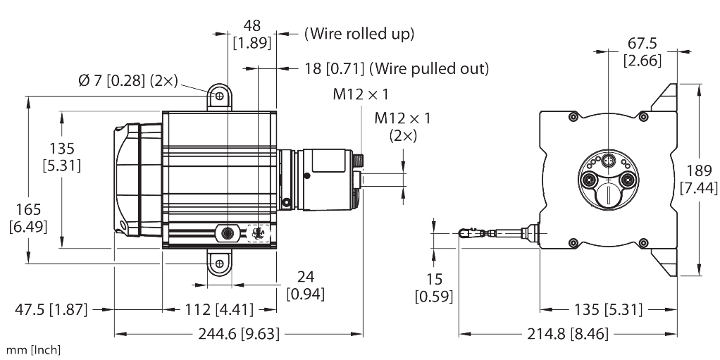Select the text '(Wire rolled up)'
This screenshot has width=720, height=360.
point(359,33)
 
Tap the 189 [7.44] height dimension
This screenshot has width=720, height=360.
point(699,180)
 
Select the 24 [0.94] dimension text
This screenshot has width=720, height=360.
point(305,285)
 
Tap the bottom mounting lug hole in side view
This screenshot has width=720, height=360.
point(219,263)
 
